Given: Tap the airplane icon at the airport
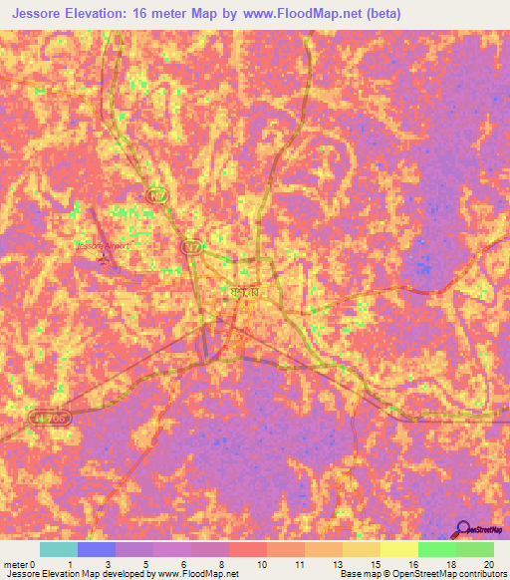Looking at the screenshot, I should click(107, 260).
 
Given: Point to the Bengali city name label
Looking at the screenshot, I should click(242, 292).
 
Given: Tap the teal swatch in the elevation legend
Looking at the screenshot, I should click(58, 549).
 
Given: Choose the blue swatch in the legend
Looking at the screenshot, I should click(96, 549).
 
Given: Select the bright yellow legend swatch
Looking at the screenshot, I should click(398, 549).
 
